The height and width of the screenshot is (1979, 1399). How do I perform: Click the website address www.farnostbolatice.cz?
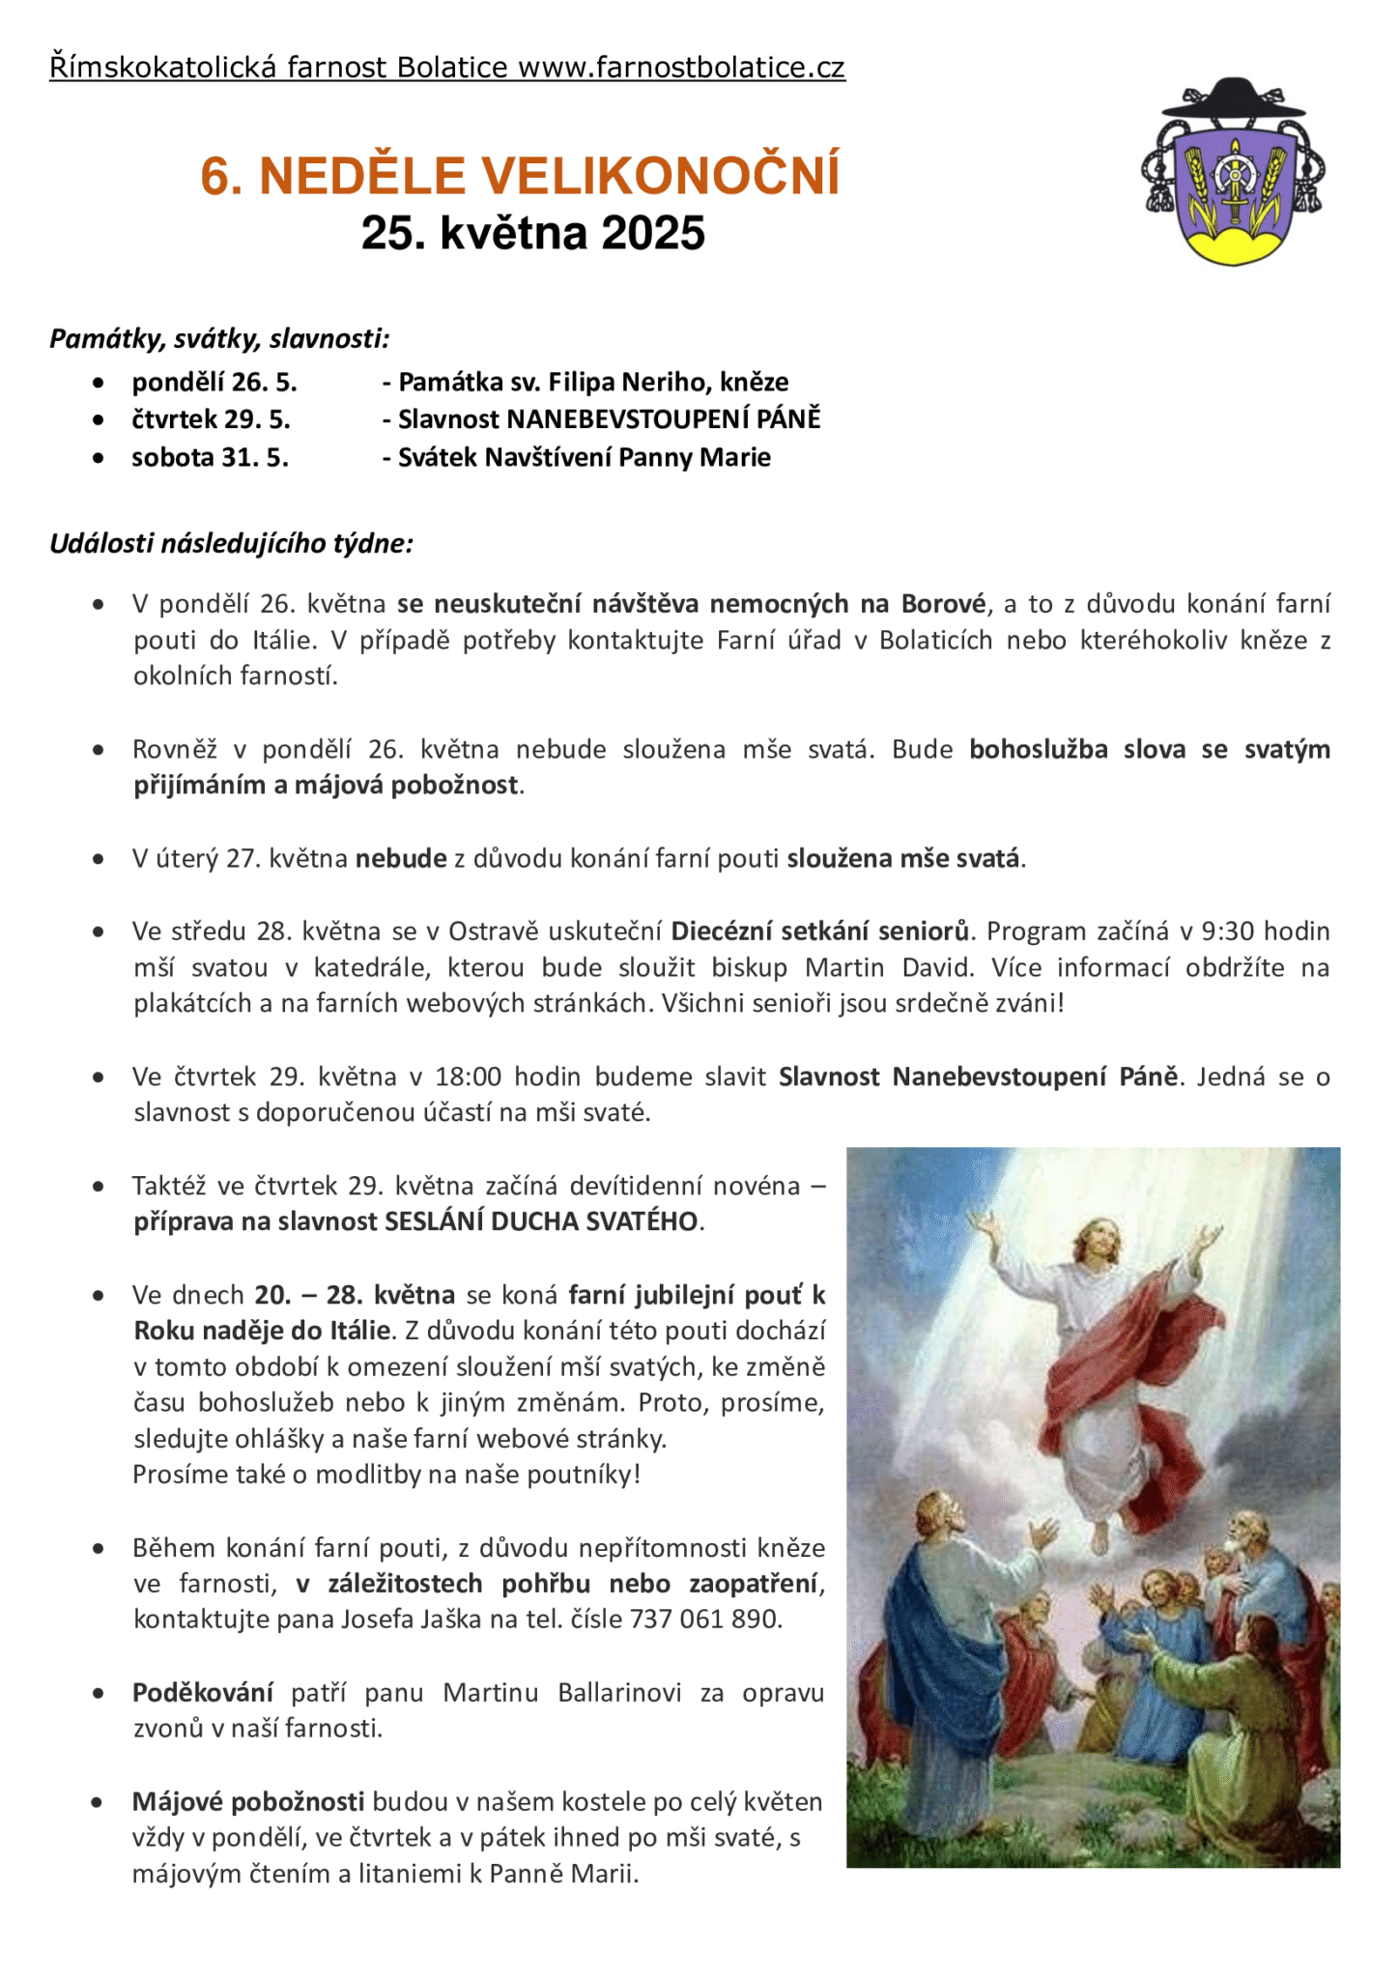(681, 68)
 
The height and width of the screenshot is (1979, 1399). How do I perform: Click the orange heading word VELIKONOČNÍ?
(661, 176)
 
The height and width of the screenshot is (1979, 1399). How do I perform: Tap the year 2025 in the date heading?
(653, 233)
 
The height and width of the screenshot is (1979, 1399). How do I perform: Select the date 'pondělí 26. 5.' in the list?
(214, 383)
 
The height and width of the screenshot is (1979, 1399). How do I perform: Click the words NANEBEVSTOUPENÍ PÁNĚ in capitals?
(664, 419)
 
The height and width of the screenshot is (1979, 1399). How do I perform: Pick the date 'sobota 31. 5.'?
(211, 457)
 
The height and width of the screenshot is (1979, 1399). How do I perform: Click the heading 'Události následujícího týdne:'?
(232, 544)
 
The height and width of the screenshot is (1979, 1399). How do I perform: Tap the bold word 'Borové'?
(943, 605)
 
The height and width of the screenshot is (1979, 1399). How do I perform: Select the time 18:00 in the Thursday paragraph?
(468, 1077)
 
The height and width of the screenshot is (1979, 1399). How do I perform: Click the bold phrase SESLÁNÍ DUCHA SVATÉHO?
(541, 1222)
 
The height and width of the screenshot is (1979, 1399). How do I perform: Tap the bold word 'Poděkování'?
(203, 1693)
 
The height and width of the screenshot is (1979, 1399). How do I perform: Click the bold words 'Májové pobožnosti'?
(248, 1802)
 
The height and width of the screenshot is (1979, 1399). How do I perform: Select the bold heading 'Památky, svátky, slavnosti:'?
(220, 339)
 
